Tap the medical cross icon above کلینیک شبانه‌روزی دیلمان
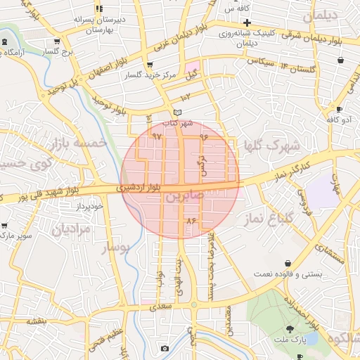[247, 22]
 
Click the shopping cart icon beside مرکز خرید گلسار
[150, 65]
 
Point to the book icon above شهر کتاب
[178, 112]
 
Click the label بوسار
[117, 247]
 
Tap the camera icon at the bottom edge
[165, 348]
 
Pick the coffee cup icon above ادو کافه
[338, 109]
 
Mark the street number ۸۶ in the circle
[190, 221]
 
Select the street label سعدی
[162, 307]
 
